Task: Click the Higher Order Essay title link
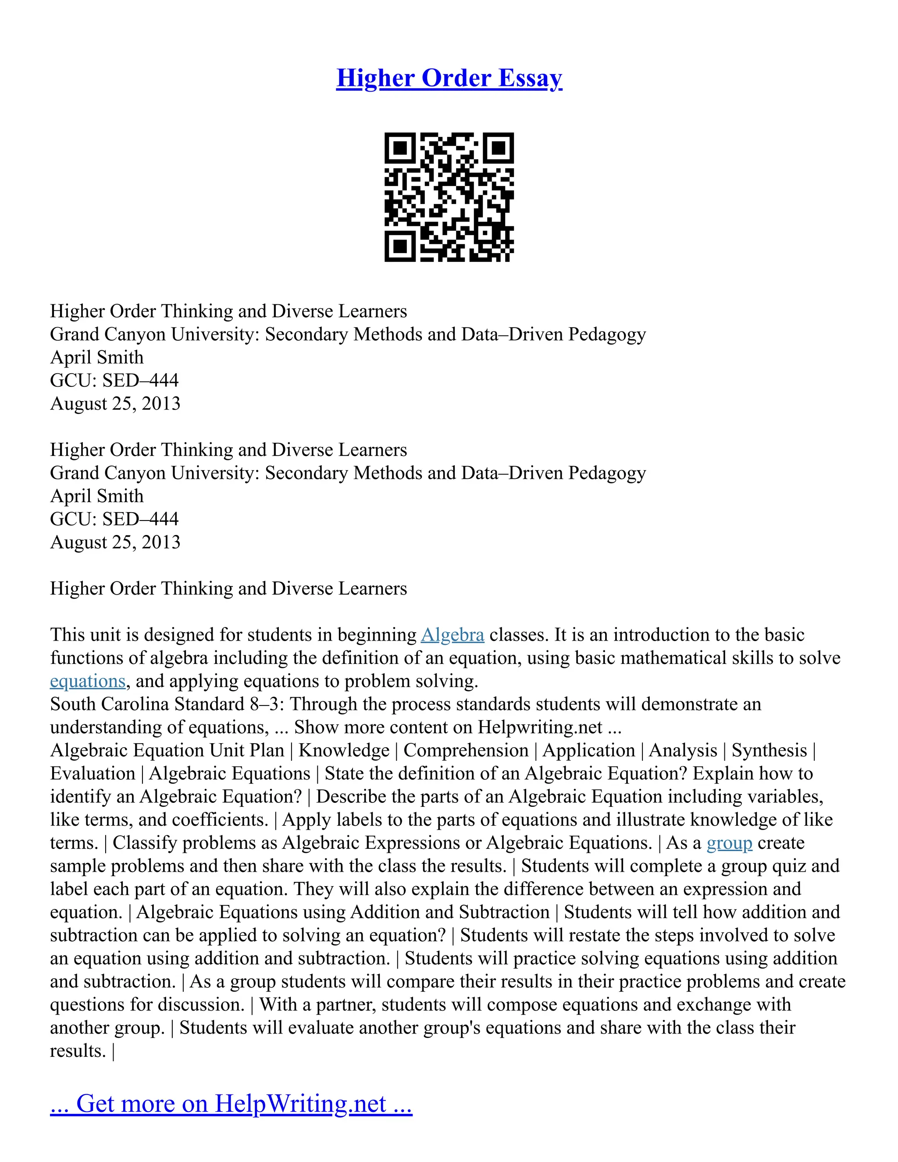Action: tap(449, 78)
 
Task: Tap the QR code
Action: tap(449, 197)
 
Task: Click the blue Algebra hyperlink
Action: tap(452, 635)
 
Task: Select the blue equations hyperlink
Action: tap(88, 681)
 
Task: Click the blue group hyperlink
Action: tap(729, 843)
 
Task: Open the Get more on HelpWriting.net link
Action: tap(231, 1104)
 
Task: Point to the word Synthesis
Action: tap(769, 750)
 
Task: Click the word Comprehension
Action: tap(466, 750)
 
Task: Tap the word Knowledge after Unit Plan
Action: tap(344, 750)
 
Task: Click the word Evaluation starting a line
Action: tap(93, 773)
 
